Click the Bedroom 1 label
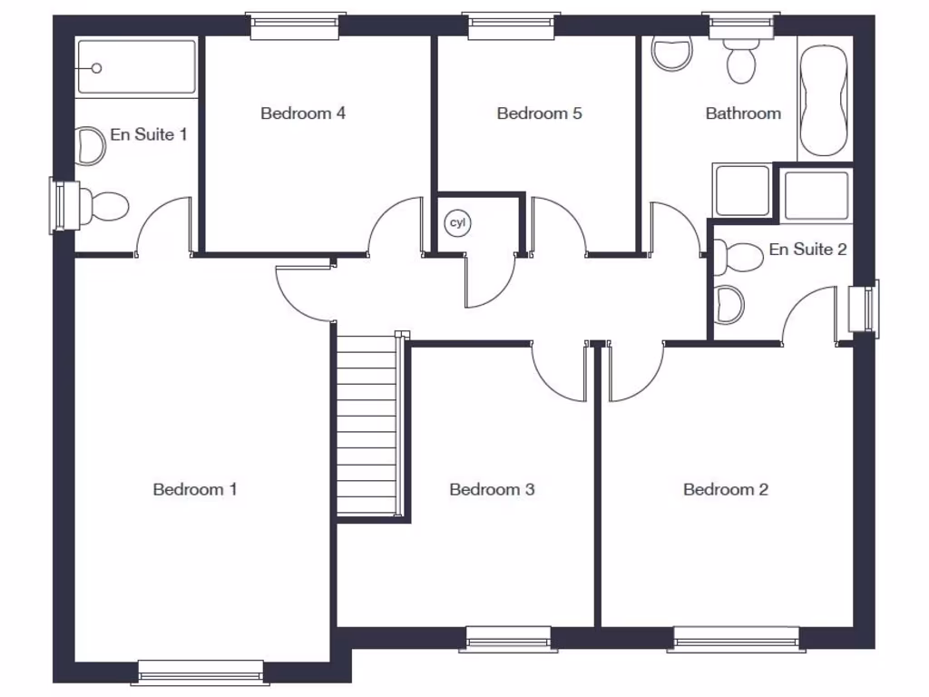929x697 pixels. (195, 489)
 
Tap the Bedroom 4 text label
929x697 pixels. (303, 113)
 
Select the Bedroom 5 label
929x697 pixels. (539, 113)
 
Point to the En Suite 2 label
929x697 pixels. (807, 249)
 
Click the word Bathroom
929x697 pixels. (743, 113)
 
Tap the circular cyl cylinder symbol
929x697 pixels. (456, 222)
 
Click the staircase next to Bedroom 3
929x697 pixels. (367, 425)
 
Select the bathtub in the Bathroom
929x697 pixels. (825, 100)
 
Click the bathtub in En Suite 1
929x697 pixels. (136, 67)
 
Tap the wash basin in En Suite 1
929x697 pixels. (91, 146)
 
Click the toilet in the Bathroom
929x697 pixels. (740, 60)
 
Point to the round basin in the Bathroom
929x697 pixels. (672, 54)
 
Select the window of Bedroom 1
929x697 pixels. (201, 672)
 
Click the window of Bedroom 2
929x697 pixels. (737, 639)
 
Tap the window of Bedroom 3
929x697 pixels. (508, 639)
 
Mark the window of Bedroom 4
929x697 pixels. (298, 25)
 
